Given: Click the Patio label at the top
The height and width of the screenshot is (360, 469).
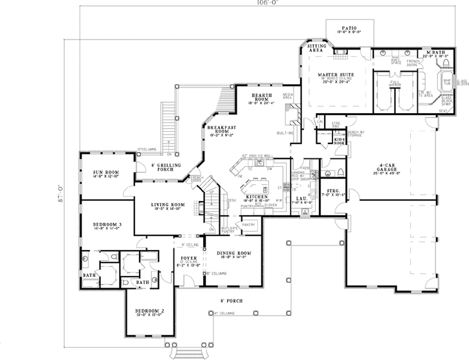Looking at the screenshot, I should pyautogui.click(x=349, y=28).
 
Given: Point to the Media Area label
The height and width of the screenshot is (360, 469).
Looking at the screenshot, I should pyautogui.click(x=288, y=96).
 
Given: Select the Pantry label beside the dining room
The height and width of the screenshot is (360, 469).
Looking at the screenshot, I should pyautogui.click(x=249, y=225).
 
